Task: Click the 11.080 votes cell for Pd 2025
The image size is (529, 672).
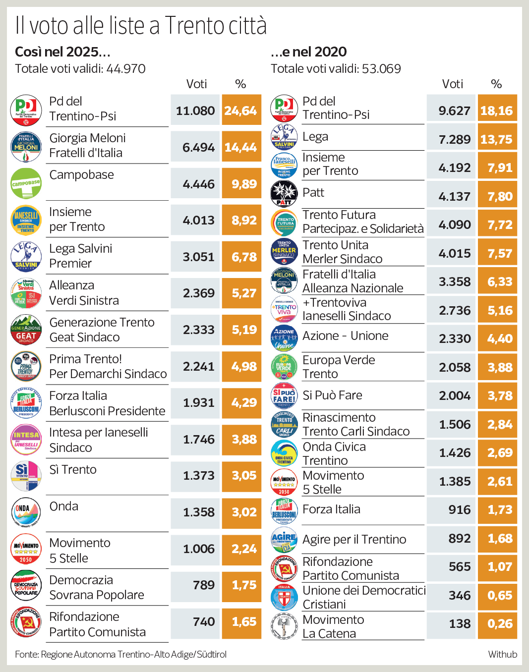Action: [195, 111]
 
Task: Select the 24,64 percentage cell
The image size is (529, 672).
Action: [241, 111]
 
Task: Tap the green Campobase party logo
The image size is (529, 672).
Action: [26, 183]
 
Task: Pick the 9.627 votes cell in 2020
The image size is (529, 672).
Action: [451, 111]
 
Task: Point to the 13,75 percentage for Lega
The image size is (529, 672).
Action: [497, 139]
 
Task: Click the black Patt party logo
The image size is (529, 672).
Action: [284, 194]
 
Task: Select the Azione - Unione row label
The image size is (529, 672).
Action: [346, 336]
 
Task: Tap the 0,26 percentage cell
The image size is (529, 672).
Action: [497, 623]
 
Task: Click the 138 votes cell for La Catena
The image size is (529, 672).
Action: [451, 623]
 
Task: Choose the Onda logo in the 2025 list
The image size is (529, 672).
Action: [26, 512]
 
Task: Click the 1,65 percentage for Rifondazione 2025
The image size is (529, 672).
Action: [241, 621]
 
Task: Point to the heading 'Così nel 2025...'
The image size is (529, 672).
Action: [62, 52]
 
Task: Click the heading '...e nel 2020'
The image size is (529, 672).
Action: [309, 52]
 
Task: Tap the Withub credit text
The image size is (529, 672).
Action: [502, 654]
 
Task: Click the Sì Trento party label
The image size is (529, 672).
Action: [73, 469]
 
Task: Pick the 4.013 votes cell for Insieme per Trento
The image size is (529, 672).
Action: [195, 220]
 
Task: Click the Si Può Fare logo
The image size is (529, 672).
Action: [284, 395]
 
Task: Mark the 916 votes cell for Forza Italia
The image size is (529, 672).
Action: [451, 509]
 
